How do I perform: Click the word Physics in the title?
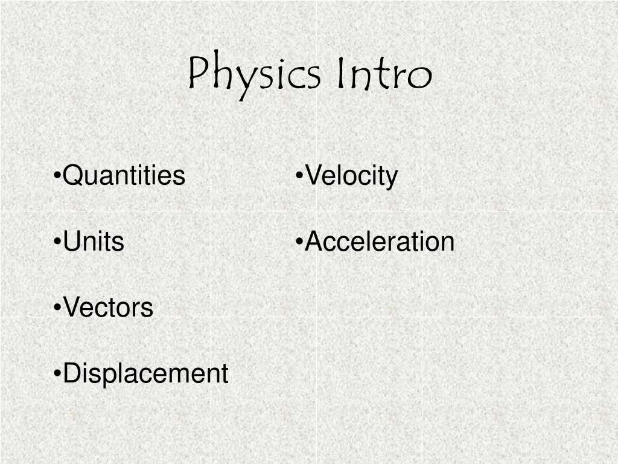[x=253, y=75]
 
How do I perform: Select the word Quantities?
[x=124, y=176]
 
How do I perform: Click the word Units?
[x=94, y=242]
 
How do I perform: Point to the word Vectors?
[x=108, y=308]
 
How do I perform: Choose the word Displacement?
[x=145, y=373]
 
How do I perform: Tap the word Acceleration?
[x=380, y=242]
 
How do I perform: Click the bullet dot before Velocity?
[x=299, y=176]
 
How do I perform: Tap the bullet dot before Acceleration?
[x=299, y=242]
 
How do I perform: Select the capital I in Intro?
[x=342, y=73]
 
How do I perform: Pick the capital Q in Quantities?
[x=72, y=176]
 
